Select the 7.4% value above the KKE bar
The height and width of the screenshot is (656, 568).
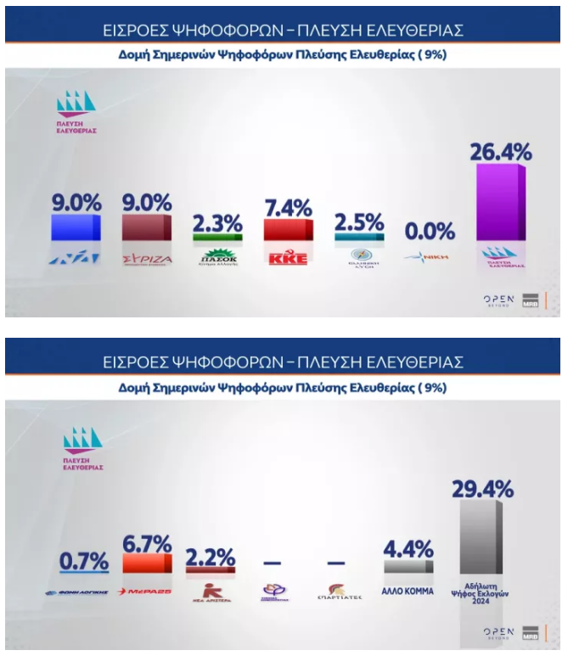coord(288,206)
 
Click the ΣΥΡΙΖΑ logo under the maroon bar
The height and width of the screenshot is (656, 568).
coord(148,257)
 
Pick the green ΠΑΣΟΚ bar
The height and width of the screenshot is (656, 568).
coord(217,238)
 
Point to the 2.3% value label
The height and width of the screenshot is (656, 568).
coord(217,223)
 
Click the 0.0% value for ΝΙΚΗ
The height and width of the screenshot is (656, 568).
coord(429,231)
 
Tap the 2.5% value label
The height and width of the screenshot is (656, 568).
coord(360,223)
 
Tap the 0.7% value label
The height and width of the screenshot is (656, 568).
coord(82,561)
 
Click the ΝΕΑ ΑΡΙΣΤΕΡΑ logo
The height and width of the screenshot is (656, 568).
coord(209,592)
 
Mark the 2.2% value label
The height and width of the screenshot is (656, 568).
coord(210,558)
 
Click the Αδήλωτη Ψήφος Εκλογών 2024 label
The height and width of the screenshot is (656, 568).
coord(486,589)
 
